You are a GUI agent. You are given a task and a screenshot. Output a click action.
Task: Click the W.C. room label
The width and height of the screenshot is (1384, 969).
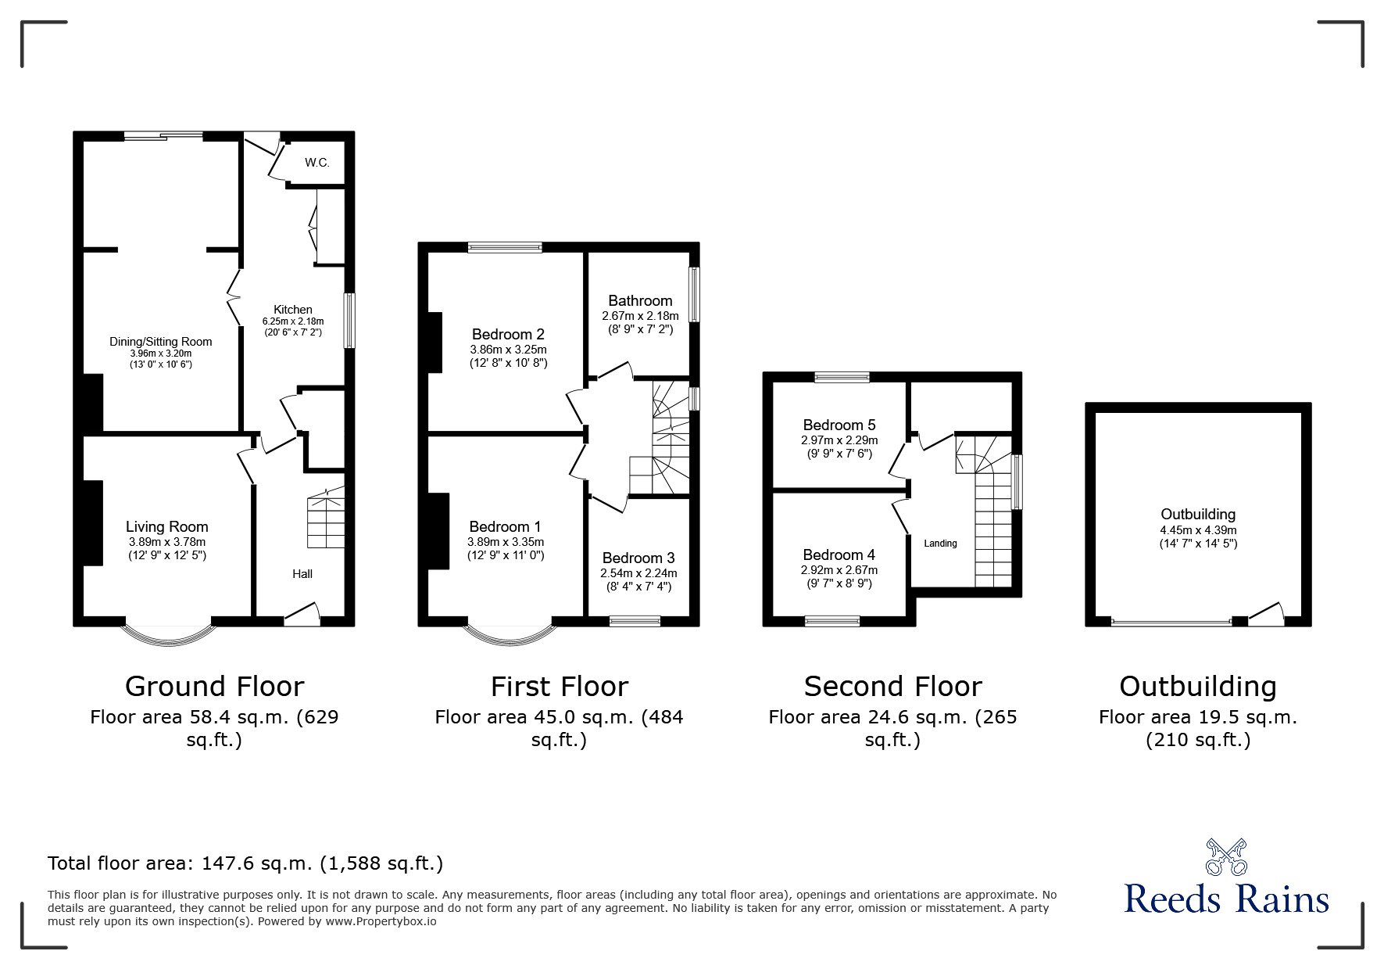coord(316,163)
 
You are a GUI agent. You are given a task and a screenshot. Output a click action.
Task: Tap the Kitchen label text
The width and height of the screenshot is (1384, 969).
coord(292,310)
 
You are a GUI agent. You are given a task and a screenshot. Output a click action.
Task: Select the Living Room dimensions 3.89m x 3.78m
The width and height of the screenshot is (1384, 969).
coord(167,542)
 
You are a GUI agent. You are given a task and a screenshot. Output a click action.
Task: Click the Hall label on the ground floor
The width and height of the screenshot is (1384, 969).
coord(302,574)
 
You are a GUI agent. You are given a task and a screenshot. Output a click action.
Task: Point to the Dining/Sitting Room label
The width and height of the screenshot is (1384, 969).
coord(160,342)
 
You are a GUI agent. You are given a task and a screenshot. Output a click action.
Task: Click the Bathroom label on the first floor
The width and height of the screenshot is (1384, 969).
coord(640,301)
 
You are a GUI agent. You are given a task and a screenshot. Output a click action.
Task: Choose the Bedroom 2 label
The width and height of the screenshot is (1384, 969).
coord(508,335)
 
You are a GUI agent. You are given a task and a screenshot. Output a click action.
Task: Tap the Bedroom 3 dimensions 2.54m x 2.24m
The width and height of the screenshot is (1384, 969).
coord(638,573)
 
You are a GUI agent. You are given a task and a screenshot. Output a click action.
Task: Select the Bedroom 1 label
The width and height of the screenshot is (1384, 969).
coord(505,527)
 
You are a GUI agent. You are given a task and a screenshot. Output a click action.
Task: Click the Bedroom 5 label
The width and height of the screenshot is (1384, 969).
coord(839,425)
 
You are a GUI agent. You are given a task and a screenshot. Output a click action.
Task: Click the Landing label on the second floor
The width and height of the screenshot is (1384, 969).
coord(940,544)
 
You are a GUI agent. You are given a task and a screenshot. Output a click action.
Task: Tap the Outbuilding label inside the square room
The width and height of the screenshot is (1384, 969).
coord(1198,515)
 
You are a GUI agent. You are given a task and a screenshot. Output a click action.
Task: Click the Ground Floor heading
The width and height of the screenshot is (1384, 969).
coord(214,687)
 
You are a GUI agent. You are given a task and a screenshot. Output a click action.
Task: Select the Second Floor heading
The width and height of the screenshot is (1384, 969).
coord(892,687)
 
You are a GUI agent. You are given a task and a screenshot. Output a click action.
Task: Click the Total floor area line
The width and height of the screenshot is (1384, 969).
coord(245,863)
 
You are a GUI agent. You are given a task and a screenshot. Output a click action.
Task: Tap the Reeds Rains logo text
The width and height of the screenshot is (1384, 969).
coord(1226,899)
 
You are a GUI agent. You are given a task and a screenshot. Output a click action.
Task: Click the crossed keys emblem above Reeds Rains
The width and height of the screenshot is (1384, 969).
coord(1226,856)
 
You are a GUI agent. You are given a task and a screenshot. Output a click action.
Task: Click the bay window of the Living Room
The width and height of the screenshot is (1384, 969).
coord(168,635)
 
